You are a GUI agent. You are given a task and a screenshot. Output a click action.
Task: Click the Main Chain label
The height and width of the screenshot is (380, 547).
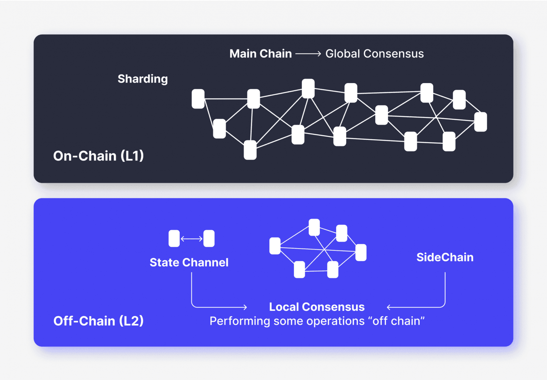pyautogui.click(x=260, y=54)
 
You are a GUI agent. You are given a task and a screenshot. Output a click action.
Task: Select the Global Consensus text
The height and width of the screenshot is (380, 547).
pyautogui.click(x=374, y=54)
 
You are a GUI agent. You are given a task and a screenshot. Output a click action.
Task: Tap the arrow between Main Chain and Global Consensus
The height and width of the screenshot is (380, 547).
pyautogui.click(x=308, y=54)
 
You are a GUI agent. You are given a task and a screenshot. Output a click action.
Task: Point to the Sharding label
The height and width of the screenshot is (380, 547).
pyautogui.click(x=143, y=79)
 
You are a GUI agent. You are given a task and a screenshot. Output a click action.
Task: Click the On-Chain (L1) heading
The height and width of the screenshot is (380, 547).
pyautogui.click(x=98, y=156)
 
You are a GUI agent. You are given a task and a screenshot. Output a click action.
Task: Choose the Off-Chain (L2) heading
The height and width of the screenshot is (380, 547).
pyautogui.click(x=98, y=321)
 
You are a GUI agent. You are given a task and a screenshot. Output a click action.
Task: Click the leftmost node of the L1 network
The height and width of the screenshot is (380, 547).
pyautogui.click(x=198, y=99)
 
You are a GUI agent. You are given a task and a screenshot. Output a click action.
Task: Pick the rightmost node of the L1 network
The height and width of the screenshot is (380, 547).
pyautogui.click(x=480, y=122)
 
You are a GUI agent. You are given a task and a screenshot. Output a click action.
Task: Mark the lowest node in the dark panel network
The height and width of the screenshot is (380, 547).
pyautogui.click(x=250, y=150)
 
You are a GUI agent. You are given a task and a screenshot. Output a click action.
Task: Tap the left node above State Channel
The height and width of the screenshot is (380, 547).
pyautogui.click(x=174, y=239)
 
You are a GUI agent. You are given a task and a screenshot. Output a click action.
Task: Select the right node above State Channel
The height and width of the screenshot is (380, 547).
pyautogui.click(x=209, y=239)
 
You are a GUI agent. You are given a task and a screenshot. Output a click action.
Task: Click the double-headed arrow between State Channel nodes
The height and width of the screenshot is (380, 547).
pyautogui.click(x=191, y=239)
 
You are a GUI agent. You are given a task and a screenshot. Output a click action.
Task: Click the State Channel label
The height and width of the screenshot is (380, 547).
pyautogui.click(x=189, y=262)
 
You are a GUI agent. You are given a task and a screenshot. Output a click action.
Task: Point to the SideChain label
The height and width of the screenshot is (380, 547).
pyautogui.click(x=445, y=257)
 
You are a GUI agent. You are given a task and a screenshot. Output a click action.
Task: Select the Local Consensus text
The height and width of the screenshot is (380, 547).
pyautogui.click(x=317, y=307)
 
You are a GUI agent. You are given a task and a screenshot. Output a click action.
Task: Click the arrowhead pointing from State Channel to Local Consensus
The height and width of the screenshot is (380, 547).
pyautogui.click(x=245, y=307)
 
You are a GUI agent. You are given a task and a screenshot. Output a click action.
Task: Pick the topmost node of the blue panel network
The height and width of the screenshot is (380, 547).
pyautogui.click(x=314, y=227)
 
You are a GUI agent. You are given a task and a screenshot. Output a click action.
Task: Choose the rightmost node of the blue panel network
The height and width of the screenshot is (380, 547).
pyautogui.click(x=361, y=252)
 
